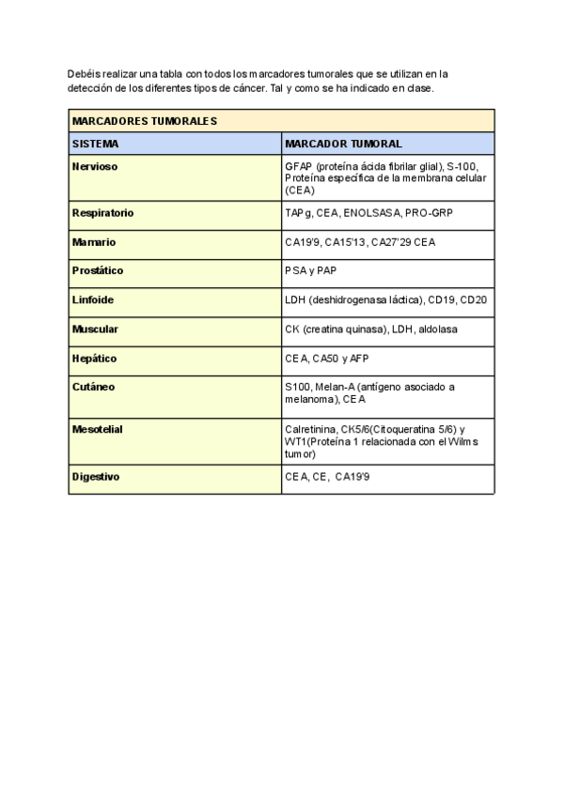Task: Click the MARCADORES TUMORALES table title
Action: (145, 121)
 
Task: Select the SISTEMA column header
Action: (96, 144)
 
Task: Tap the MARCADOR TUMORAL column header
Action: (343, 144)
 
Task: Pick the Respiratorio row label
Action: (103, 213)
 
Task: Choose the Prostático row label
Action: (98, 271)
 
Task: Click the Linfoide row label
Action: (93, 300)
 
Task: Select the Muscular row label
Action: (95, 329)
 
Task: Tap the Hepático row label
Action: (94, 359)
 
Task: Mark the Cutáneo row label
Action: (93, 387)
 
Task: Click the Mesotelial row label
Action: (98, 429)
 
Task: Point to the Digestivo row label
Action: (96, 477)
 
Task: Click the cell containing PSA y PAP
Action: (310, 271)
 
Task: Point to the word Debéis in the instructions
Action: (84, 73)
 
